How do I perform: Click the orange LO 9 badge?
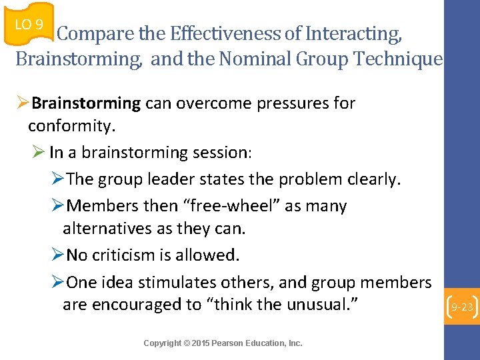(x=29, y=25)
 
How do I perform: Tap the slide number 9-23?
(x=462, y=307)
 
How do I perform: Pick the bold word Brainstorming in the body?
(x=86, y=103)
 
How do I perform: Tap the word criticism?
(x=124, y=255)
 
